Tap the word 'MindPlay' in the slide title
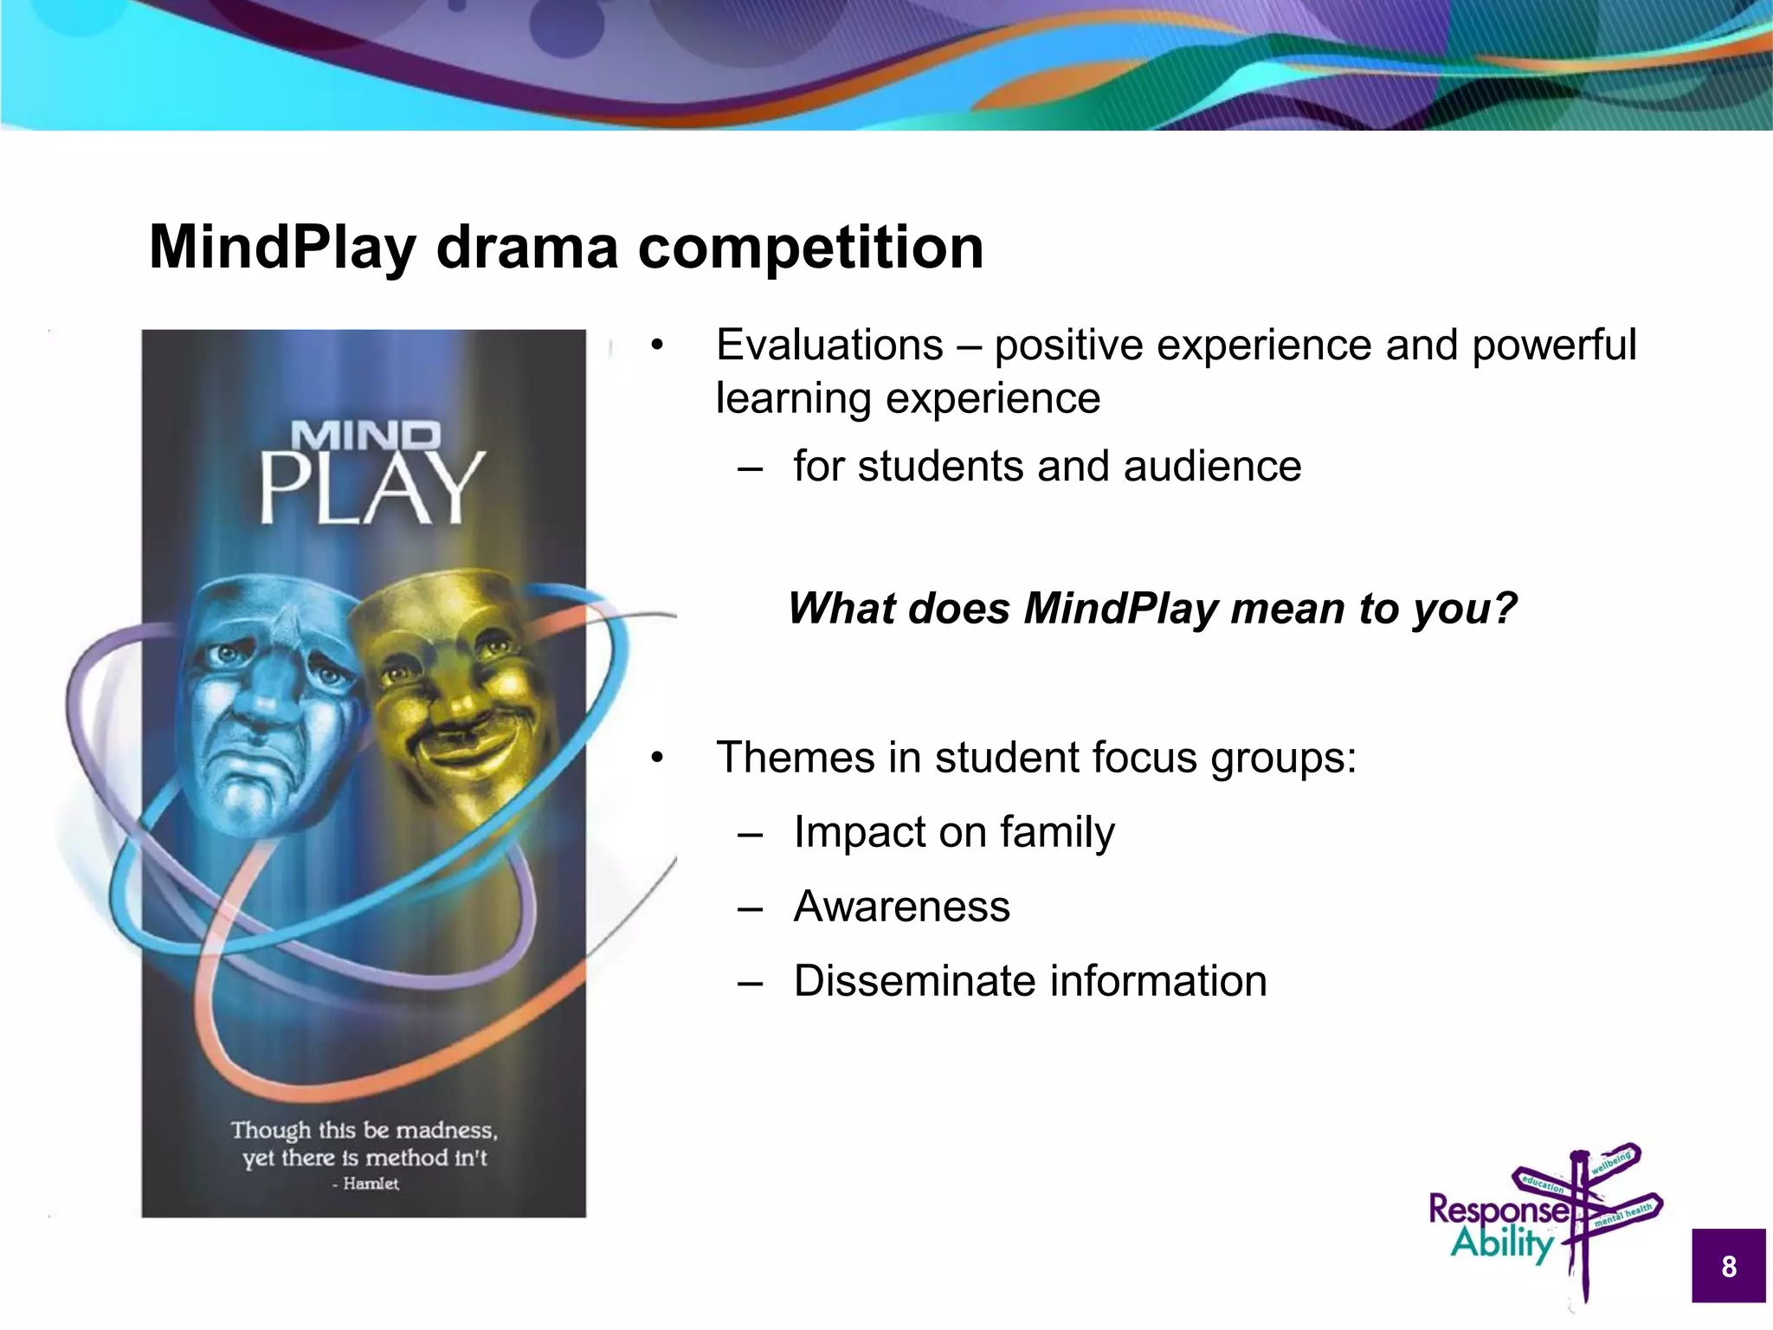coord(282,249)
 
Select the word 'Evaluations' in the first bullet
coord(829,345)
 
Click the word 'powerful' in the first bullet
coord(1554,345)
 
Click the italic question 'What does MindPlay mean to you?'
coord(1152,608)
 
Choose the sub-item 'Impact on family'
coord(953,832)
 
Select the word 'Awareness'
coord(901,907)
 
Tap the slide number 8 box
coord(1728,1266)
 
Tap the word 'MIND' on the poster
coord(365,436)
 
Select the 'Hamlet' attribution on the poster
coord(371,1184)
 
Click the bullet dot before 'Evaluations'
coord(657,346)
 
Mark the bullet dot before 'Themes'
coord(657,759)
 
